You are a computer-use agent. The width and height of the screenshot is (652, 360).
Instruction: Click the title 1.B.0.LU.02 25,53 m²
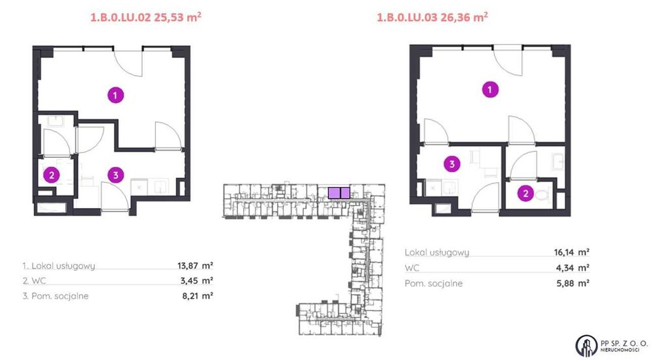tap(140, 18)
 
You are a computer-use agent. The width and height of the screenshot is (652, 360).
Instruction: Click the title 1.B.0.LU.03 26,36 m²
tap(432, 18)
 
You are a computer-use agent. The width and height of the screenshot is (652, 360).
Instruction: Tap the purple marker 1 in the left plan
tap(115, 96)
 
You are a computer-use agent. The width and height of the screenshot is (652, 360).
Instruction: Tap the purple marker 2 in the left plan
tap(51, 174)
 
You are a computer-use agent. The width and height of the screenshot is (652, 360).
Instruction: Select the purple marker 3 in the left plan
tap(115, 174)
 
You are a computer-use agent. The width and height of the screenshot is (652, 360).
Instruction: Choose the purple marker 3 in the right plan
tap(451, 164)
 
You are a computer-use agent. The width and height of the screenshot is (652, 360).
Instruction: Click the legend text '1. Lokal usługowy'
tap(59, 265)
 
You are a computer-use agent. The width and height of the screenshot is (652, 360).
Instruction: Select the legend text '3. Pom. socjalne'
tap(55, 296)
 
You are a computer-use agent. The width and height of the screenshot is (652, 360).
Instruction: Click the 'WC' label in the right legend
tap(413, 267)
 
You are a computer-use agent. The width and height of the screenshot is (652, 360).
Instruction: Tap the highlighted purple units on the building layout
tap(339, 192)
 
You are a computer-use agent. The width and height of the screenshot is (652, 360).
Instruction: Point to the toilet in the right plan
tap(546, 194)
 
